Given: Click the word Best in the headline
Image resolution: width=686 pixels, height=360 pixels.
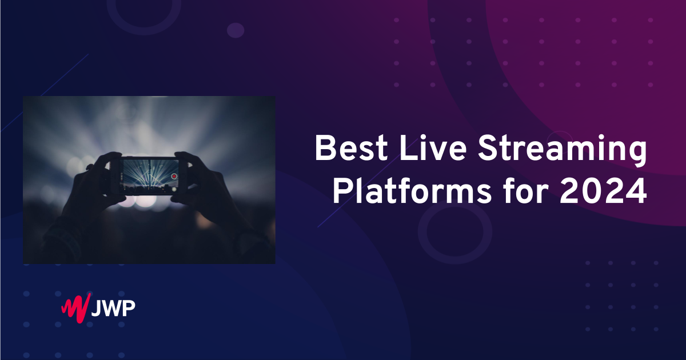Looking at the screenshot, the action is click(351, 149).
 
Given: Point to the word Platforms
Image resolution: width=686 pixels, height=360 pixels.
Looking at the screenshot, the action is click(412, 191).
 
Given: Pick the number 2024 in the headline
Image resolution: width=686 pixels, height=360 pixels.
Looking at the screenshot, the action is click(603, 191).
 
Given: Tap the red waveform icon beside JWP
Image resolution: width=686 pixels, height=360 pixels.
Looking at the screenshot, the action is click(76, 308).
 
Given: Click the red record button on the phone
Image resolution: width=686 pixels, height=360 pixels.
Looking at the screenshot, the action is click(174, 176).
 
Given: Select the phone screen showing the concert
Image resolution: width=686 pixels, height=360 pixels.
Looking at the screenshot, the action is click(151, 176).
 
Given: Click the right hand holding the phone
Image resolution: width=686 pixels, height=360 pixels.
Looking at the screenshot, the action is click(208, 190).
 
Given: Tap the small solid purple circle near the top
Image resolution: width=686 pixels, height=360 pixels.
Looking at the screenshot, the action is click(236, 30).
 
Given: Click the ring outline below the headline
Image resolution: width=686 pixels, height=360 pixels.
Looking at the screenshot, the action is click(422, 232).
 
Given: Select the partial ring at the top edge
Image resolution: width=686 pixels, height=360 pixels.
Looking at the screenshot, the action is click(144, 31).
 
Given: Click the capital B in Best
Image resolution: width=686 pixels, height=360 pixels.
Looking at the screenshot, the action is click(325, 148).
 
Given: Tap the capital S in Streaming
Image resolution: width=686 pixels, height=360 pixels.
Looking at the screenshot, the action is click(489, 148).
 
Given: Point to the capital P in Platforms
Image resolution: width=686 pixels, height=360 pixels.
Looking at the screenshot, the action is click(342, 191).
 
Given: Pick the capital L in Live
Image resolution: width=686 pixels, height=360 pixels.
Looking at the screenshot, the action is click(408, 148).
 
